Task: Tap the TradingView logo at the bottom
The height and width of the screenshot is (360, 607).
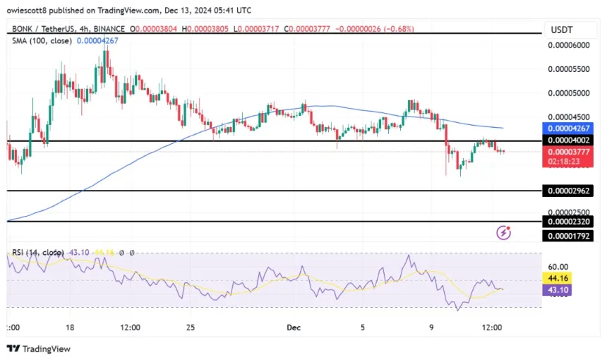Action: coord(39,349)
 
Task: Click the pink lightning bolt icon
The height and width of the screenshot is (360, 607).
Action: coord(504,232)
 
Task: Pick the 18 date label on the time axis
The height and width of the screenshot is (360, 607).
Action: coord(71,328)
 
